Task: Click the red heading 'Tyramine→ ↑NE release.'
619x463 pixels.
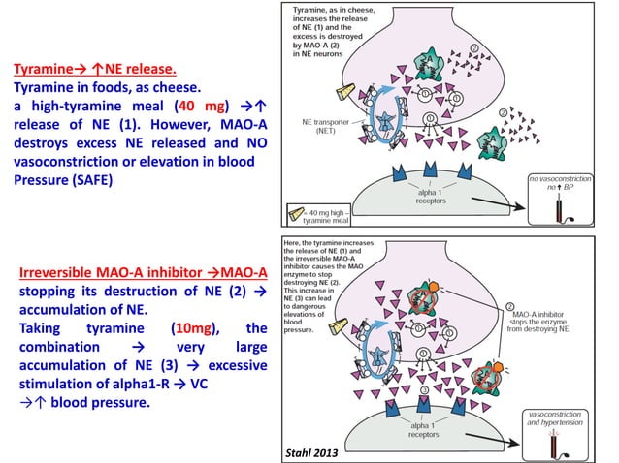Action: [94, 70]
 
